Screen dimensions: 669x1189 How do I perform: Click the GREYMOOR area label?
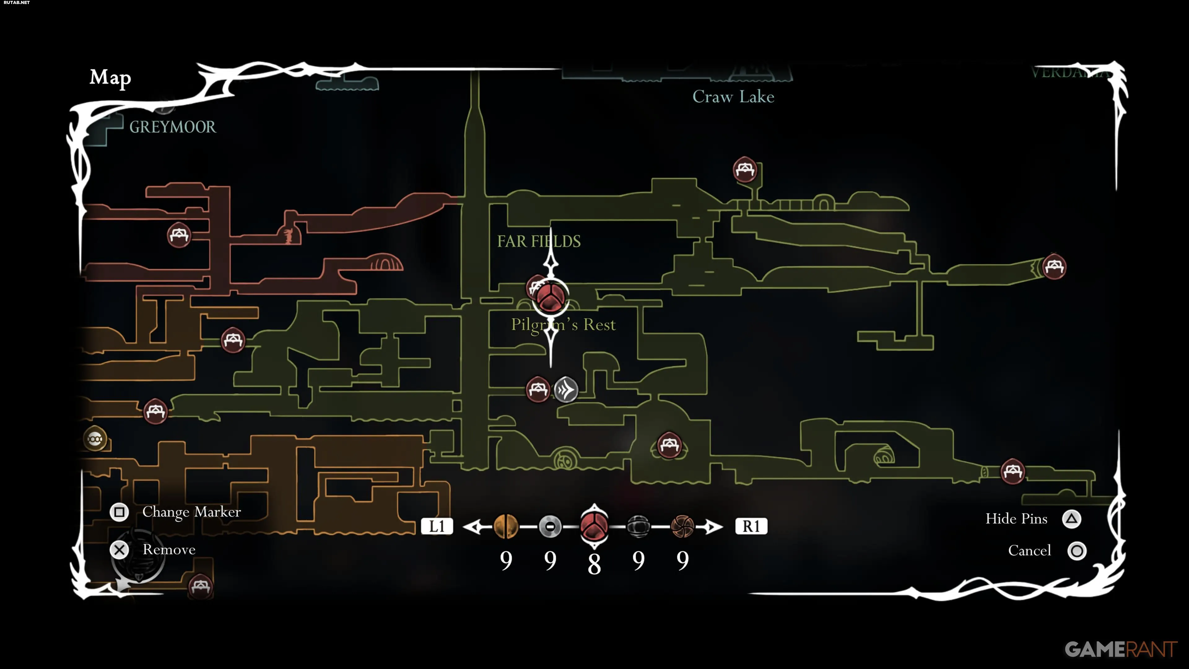[172, 127]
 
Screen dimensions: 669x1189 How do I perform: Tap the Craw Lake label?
[733, 97]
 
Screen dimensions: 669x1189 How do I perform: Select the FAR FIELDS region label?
[539, 241]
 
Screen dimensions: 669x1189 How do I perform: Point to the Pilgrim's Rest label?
[563, 325]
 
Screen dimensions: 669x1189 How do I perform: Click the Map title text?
[110, 77]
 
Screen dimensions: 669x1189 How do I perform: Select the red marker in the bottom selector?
[594, 526]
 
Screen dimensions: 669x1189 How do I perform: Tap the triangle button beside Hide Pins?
[1071, 519]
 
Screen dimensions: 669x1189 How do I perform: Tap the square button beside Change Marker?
[119, 512]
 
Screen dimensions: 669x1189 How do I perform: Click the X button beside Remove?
[120, 550]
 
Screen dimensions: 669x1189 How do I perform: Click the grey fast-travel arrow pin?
[566, 390]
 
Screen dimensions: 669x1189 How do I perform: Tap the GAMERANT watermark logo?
[1120, 649]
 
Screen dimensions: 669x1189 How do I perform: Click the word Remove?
[169, 550]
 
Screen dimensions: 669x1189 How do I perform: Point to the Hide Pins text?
[1016, 519]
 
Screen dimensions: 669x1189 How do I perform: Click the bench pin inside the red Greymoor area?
[179, 235]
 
